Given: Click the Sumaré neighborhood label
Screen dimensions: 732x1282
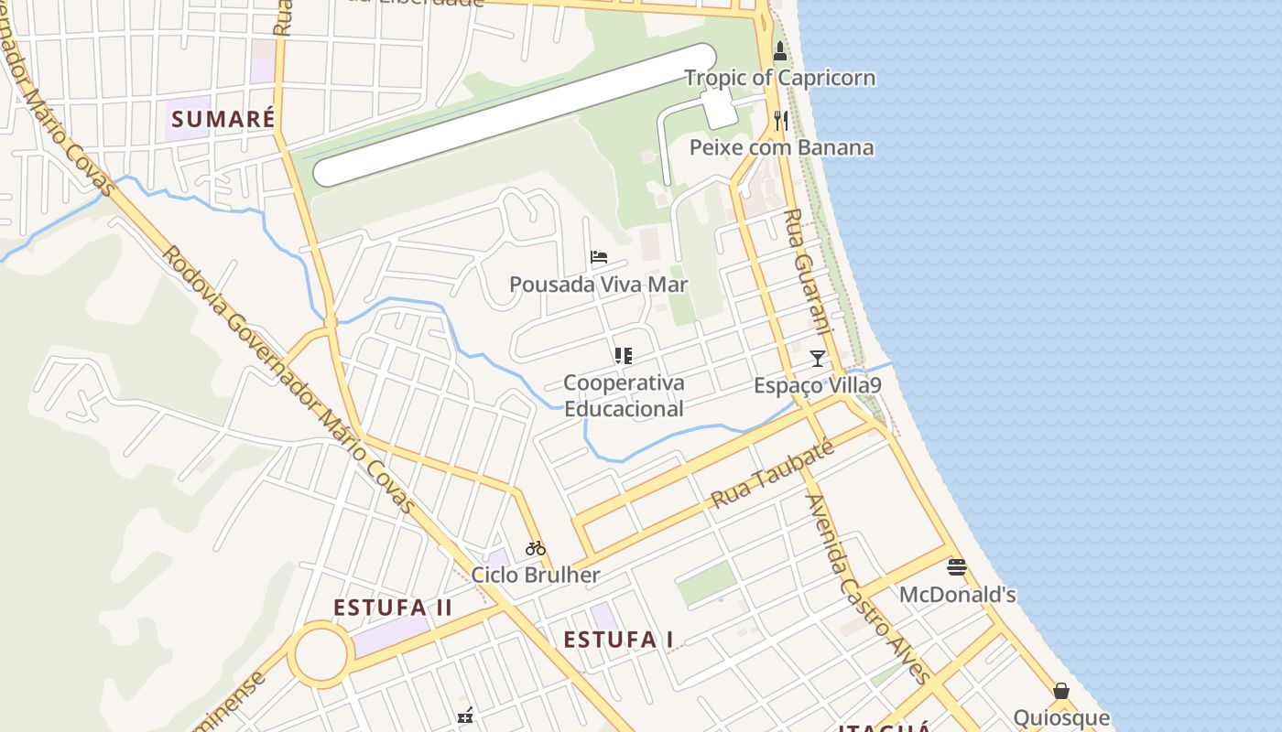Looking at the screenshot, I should pyautogui.click(x=223, y=119).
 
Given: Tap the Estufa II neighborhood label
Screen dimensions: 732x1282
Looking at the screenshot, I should pyautogui.click(x=393, y=608).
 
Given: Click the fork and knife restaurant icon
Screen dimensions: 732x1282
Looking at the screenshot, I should pyautogui.click(x=780, y=120).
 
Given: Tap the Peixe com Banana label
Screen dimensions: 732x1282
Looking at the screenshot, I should pyautogui.click(x=781, y=147).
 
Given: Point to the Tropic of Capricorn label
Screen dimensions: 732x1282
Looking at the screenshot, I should pyautogui.click(x=780, y=78).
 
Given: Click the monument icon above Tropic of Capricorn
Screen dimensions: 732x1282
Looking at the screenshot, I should pyautogui.click(x=780, y=51).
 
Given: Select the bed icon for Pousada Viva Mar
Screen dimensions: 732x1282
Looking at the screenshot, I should pyautogui.click(x=599, y=257).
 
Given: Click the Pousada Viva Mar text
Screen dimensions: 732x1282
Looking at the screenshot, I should pyautogui.click(x=599, y=285).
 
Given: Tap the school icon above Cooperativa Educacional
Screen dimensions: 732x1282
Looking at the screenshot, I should pyautogui.click(x=624, y=355).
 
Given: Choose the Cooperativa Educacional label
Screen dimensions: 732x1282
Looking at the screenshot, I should pyautogui.click(x=624, y=395).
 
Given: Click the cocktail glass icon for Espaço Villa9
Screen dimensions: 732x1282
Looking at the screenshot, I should pyautogui.click(x=818, y=358).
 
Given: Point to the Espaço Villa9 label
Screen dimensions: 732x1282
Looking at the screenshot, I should pyautogui.click(x=818, y=385).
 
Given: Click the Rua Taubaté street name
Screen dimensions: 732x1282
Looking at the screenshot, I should pyautogui.click(x=773, y=474).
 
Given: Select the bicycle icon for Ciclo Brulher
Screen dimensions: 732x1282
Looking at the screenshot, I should pyautogui.click(x=536, y=548).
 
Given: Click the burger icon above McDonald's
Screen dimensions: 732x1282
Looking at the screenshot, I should pyautogui.click(x=957, y=567).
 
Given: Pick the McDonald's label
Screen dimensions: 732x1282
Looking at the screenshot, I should pyautogui.click(x=958, y=595).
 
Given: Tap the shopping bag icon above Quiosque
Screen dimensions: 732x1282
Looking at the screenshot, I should pyautogui.click(x=1061, y=691).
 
